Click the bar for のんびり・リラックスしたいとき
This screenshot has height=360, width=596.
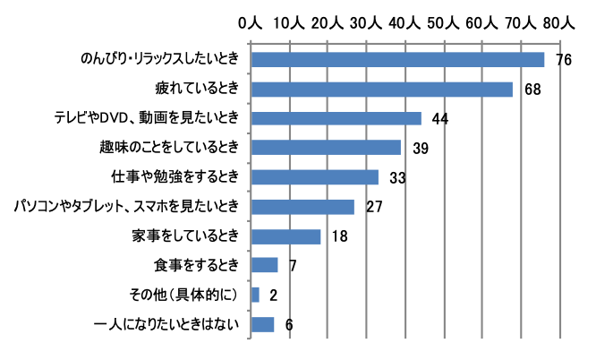(397, 60)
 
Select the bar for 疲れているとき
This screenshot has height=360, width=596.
(382, 90)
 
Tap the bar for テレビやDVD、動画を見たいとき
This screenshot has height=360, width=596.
(336, 118)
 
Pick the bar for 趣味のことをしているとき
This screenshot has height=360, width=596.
(327, 148)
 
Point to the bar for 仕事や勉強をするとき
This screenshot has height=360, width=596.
(315, 177)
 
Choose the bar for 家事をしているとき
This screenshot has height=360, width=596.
(286, 236)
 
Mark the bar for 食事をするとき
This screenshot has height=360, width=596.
(265, 265)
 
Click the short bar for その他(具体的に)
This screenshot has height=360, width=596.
(256, 295)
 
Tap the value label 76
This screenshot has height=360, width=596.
(563, 60)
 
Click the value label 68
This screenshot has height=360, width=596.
(532, 90)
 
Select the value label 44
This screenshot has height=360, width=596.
(439, 118)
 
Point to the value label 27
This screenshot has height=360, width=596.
(374, 207)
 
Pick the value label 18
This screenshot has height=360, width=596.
(340, 236)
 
